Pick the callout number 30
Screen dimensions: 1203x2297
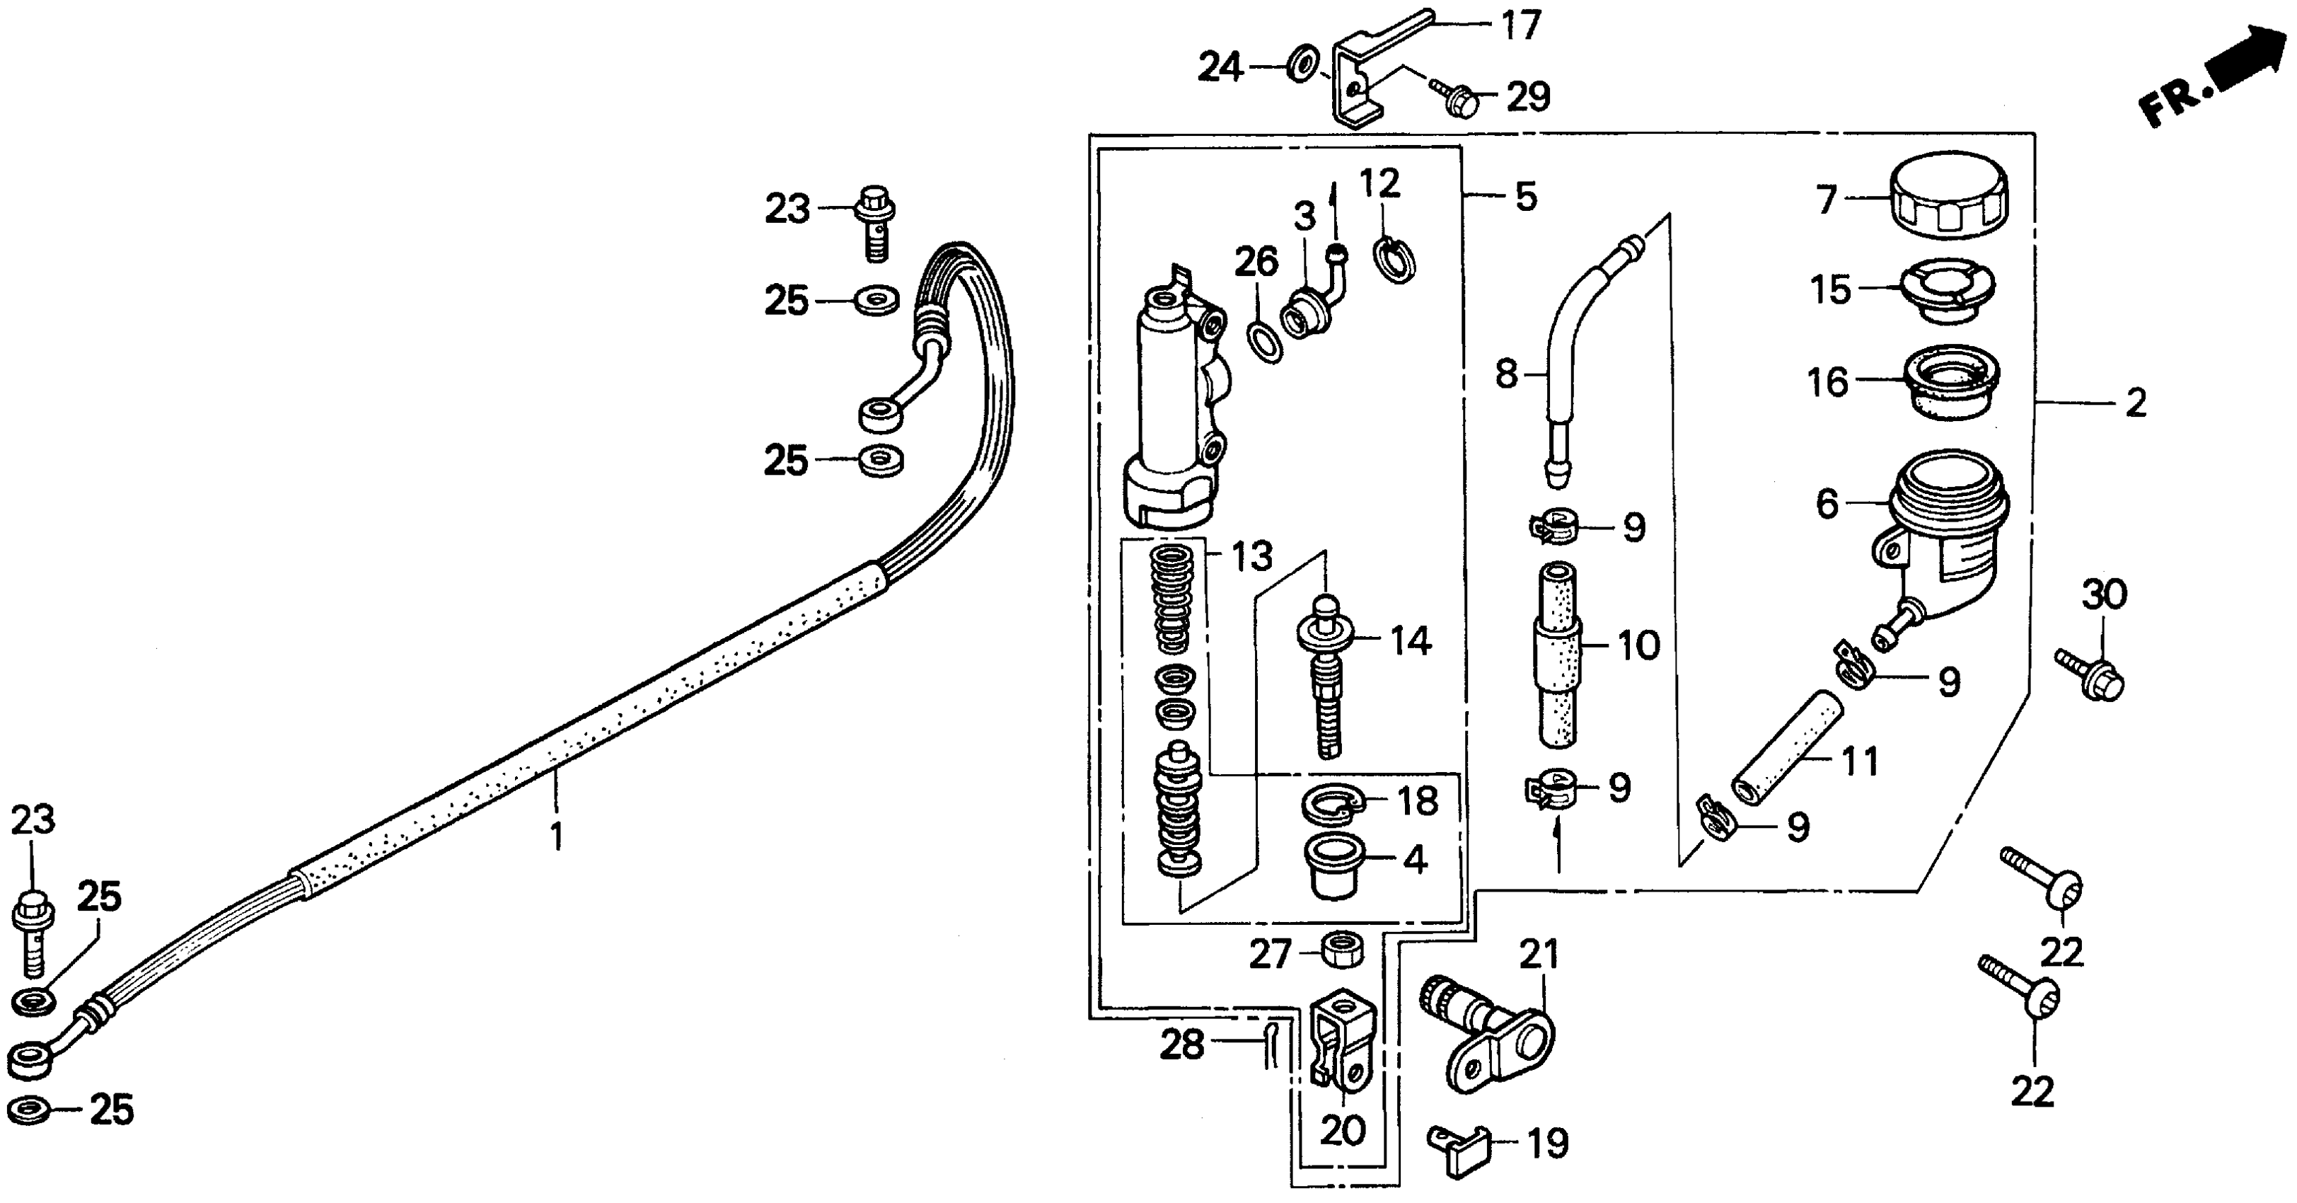2105,595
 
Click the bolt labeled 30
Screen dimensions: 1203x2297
2092,675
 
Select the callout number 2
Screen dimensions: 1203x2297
2136,403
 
